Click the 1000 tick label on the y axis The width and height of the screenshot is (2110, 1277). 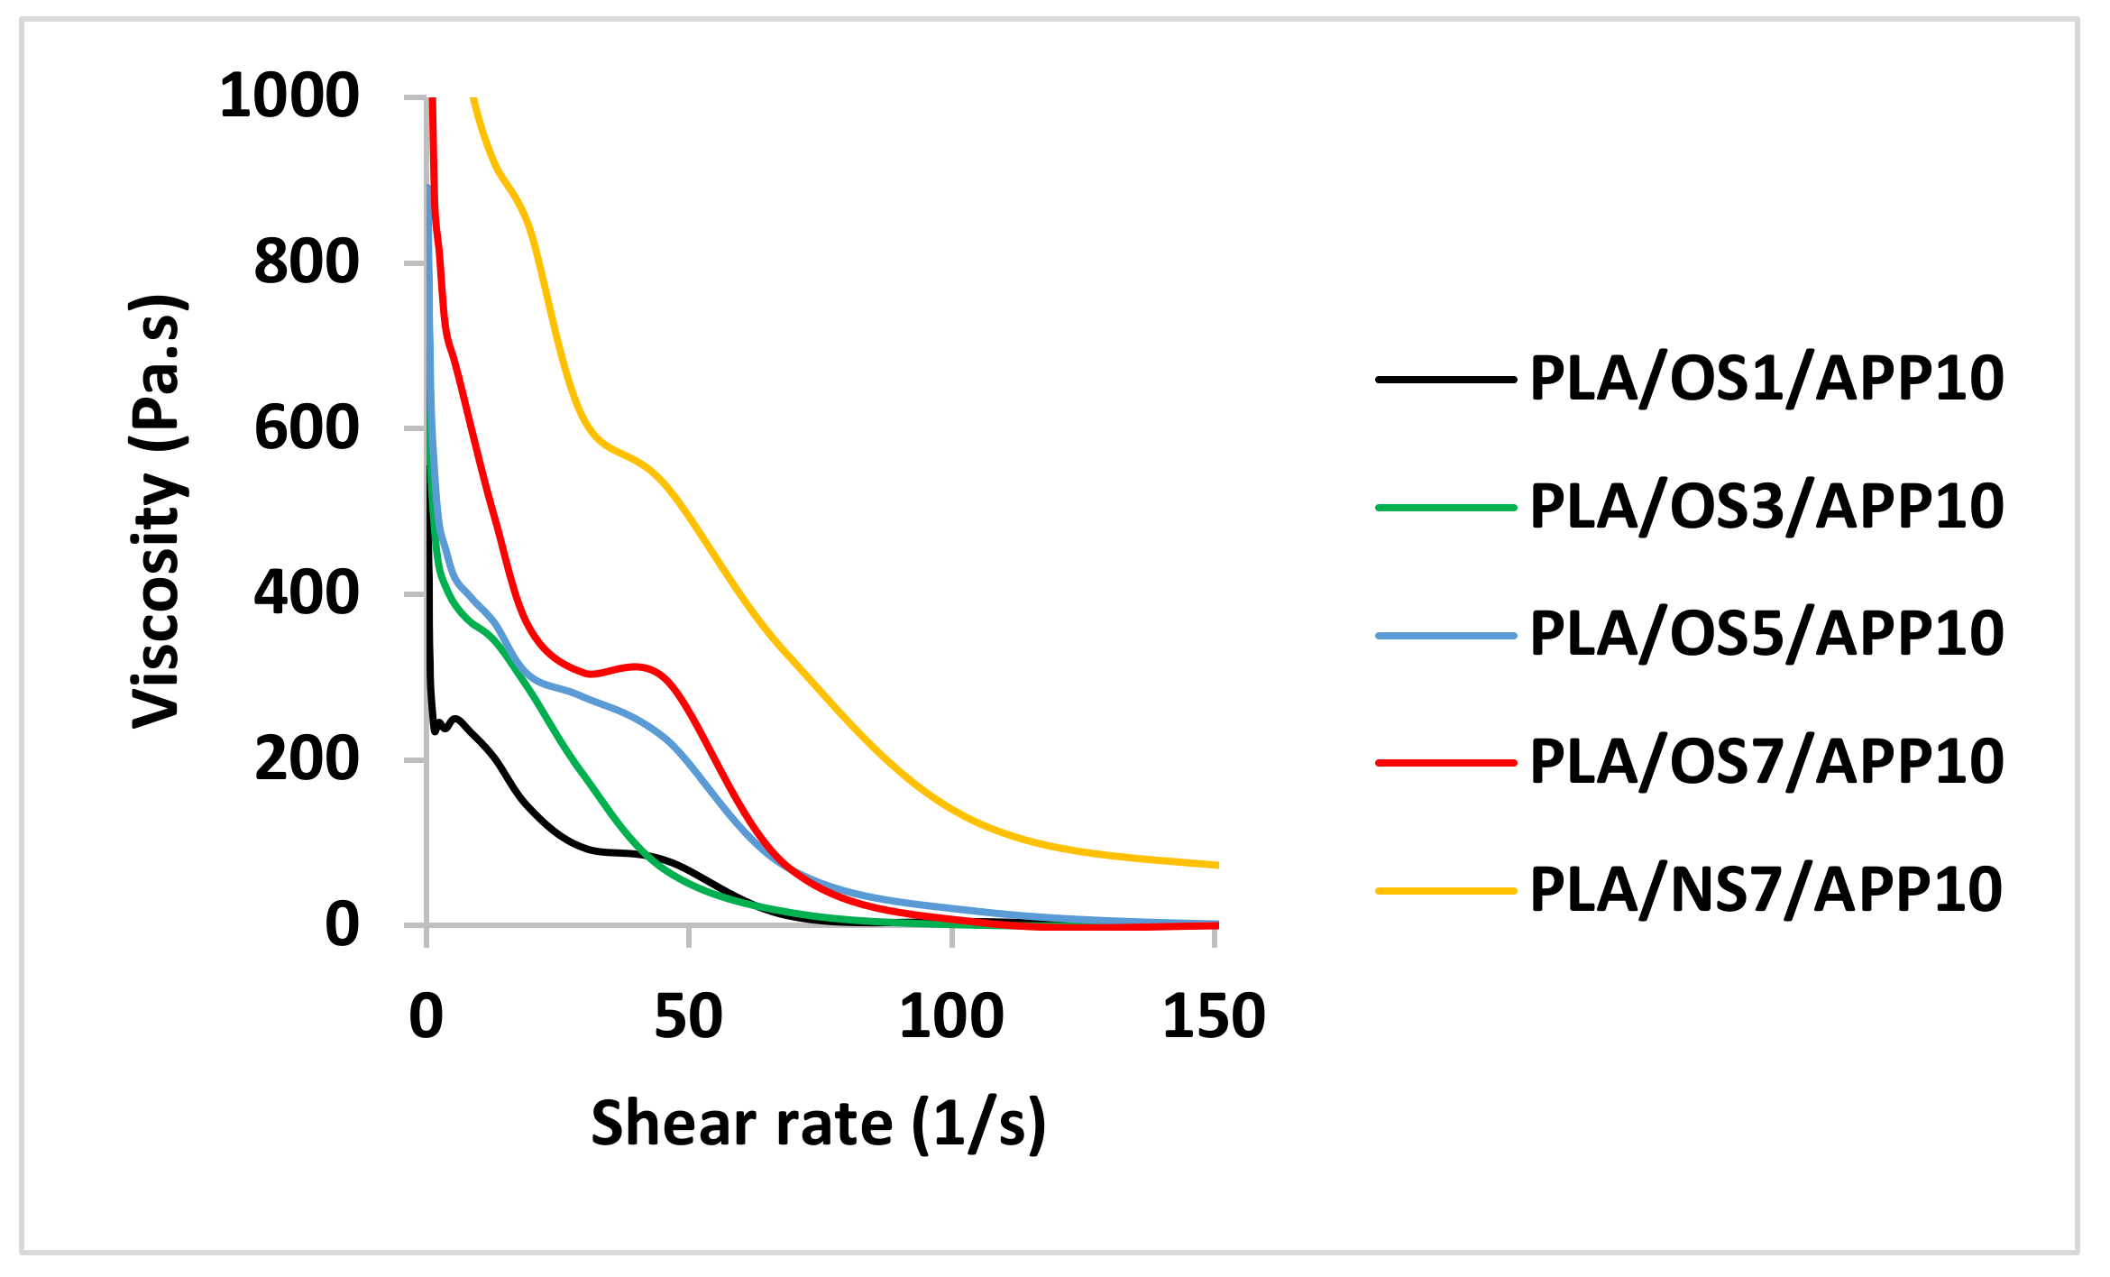(289, 96)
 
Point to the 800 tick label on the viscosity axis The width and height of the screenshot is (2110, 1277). (307, 262)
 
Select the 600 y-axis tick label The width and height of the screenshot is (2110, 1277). (307, 428)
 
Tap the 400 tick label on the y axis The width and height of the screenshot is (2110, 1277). (307, 593)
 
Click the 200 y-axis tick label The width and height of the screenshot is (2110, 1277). (307, 759)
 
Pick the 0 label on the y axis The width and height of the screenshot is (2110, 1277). (342, 925)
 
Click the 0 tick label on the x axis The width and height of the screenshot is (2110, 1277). (426, 1016)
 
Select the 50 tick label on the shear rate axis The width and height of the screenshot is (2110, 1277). (688, 1016)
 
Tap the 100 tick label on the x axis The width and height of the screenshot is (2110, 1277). (951, 1016)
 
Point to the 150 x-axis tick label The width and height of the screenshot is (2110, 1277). (1214, 1016)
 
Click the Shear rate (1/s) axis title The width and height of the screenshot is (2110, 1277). (818, 1124)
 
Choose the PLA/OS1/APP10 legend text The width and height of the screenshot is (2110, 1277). (1766, 379)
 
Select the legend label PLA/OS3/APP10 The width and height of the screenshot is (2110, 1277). (1766, 507)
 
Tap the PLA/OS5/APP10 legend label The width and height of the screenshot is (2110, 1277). (1766, 634)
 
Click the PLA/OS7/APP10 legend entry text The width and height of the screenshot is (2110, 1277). (1766, 762)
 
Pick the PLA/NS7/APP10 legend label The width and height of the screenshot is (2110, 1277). (1766, 890)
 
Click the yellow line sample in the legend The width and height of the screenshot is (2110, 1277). (1445, 890)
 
